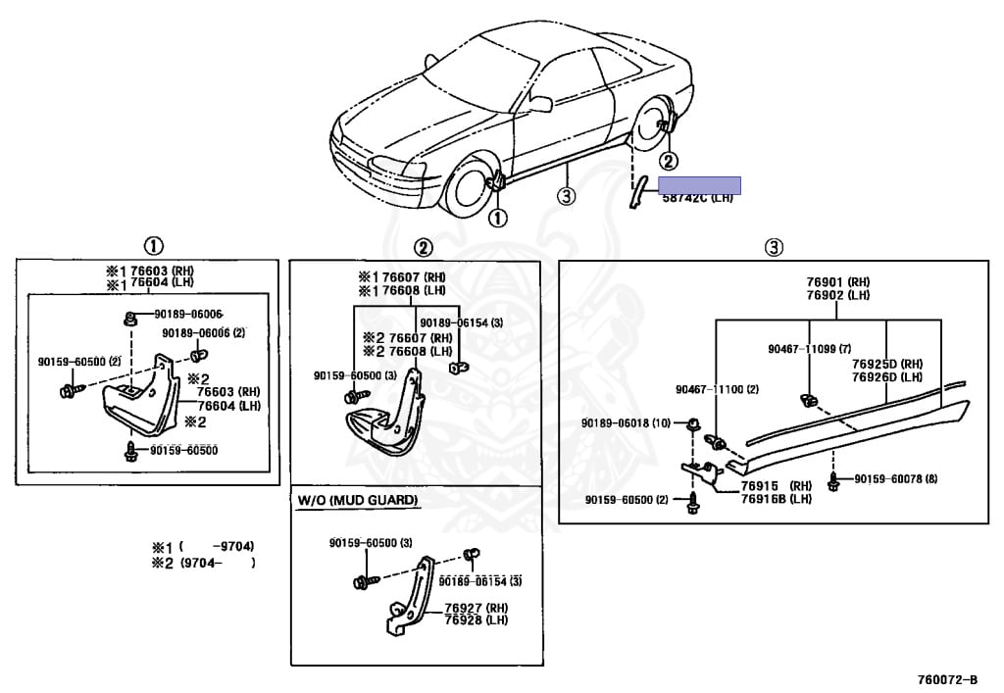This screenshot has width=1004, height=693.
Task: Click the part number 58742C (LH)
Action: tap(696, 198)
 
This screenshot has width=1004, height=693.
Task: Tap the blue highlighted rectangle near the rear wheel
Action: tap(698, 185)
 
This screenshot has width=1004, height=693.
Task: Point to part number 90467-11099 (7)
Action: tap(810, 348)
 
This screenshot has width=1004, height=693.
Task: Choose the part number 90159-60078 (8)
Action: tap(896, 479)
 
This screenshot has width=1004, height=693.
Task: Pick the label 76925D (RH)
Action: tap(887, 363)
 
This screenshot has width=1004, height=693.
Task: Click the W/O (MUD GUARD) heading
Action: tap(358, 501)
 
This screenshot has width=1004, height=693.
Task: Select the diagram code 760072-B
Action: tap(946, 679)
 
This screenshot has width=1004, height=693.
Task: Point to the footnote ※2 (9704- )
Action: tap(204, 563)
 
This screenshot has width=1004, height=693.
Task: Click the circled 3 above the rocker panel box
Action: tap(774, 247)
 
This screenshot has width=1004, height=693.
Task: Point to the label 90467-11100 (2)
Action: tap(717, 389)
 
